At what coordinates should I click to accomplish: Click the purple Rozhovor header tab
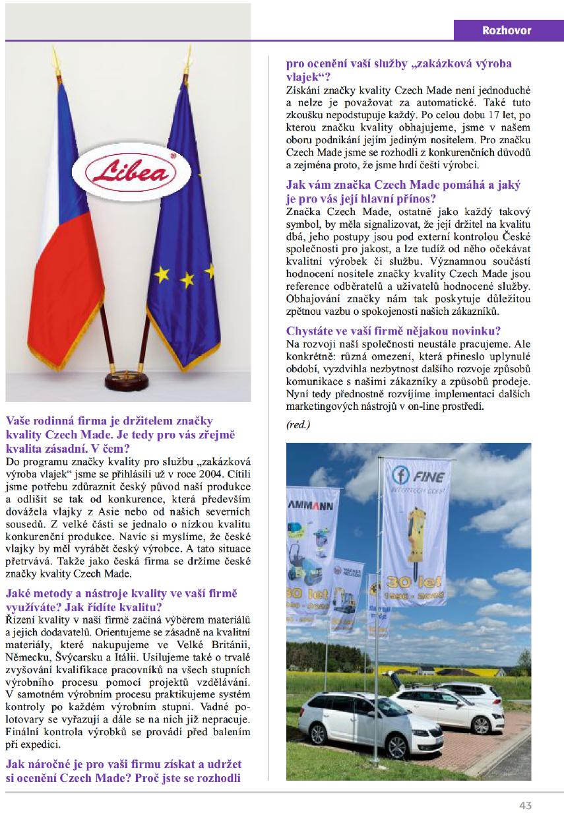coord(507,30)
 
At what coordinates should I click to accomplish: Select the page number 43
coord(525,805)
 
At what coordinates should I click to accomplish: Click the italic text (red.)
coord(298,424)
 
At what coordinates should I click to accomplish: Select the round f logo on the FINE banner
coord(400,475)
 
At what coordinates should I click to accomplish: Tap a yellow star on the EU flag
coord(187,280)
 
